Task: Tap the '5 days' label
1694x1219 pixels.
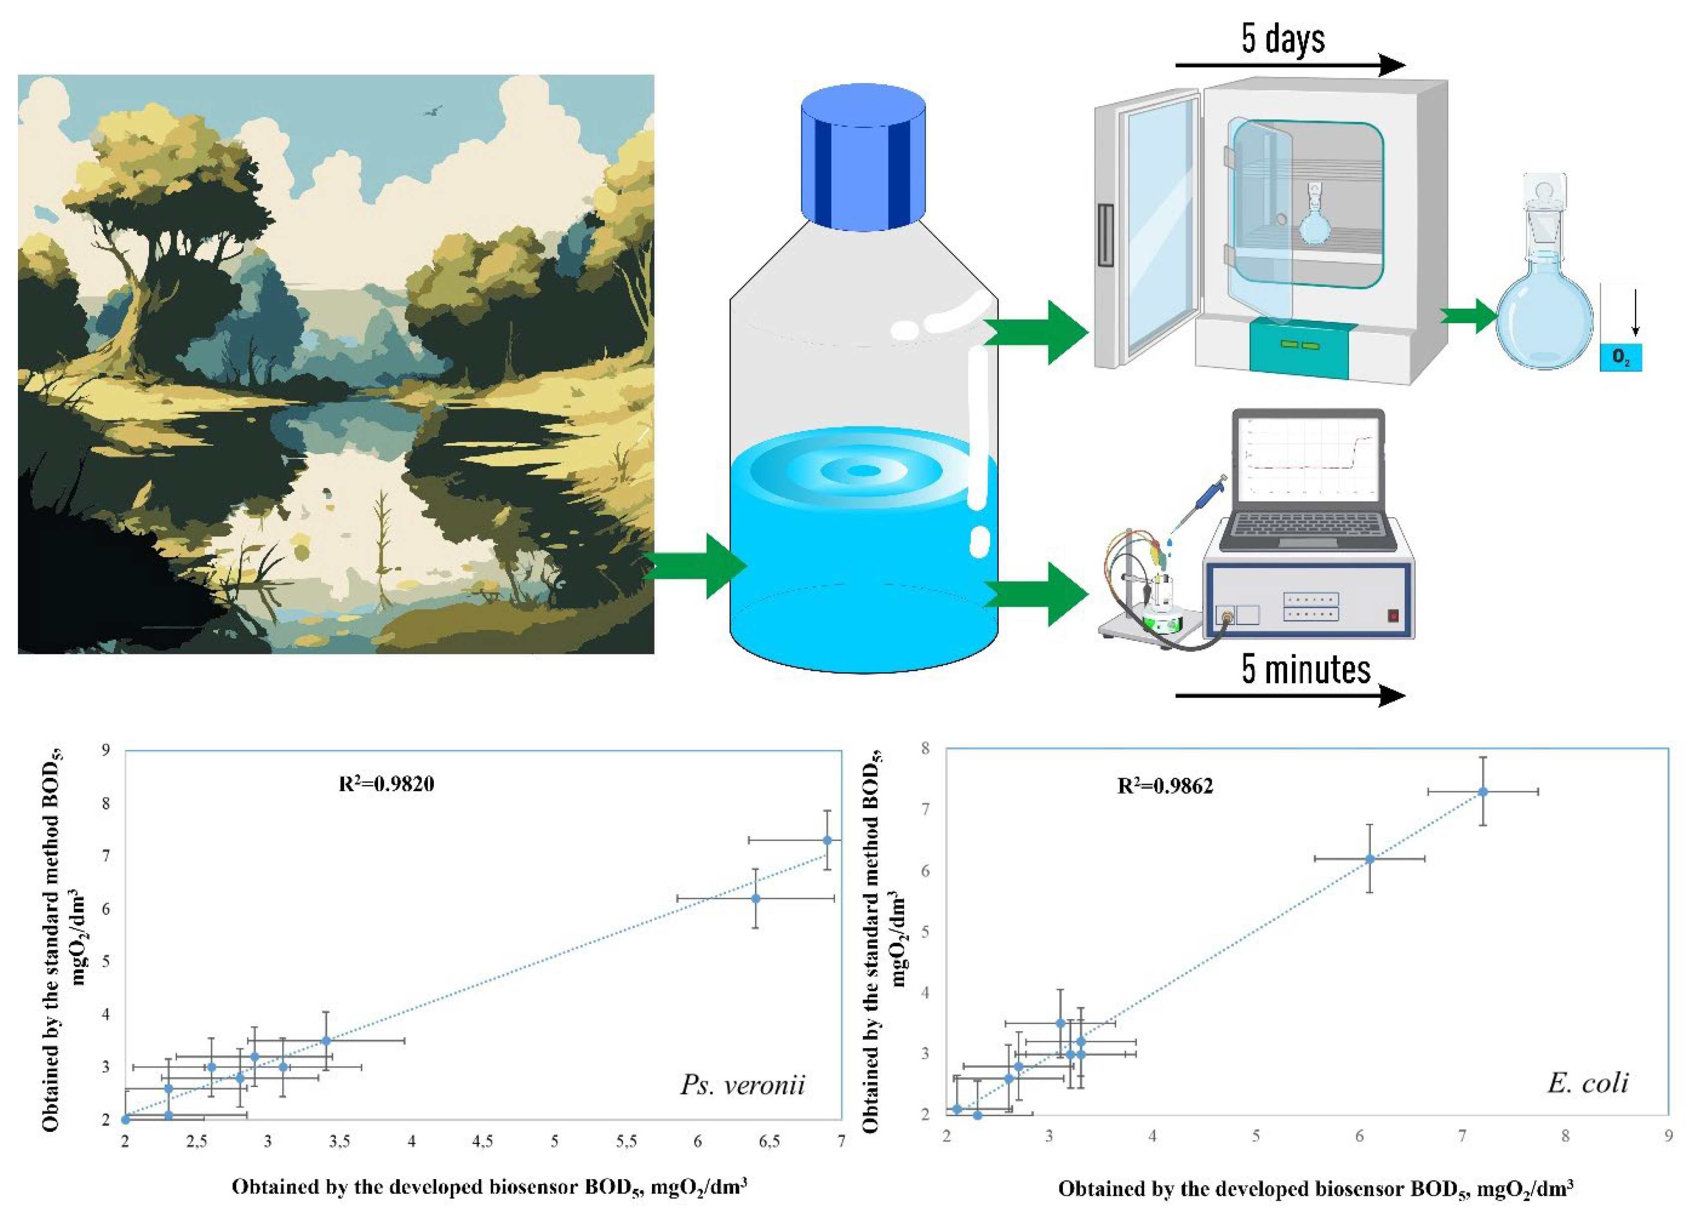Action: pos(1283,39)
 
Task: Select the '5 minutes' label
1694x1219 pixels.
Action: pos(1305,668)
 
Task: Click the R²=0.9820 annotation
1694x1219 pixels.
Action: pos(386,784)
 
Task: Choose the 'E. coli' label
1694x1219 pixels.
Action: pos(1587,1083)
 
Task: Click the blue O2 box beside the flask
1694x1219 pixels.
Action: pos(1620,358)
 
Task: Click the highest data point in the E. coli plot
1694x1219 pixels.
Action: pos(1483,792)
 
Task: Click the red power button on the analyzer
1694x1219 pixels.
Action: pos(1392,615)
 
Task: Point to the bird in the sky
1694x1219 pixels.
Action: pos(432,112)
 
